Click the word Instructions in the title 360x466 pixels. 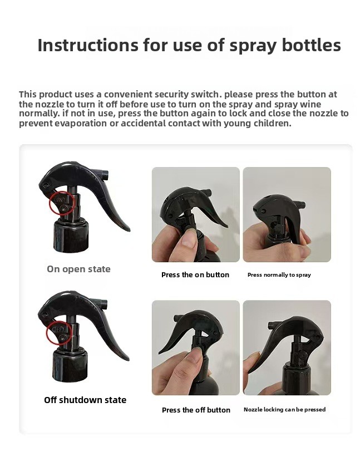[x=88, y=45]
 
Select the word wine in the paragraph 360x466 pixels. [x=310, y=104]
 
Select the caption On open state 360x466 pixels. [x=78, y=269]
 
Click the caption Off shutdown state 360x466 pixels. [x=85, y=400]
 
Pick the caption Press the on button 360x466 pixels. [x=195, y=275]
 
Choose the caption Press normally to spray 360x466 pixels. [x=279, y=275]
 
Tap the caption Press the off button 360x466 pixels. [x=196, y=410]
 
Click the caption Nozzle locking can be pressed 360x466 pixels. [x=284, y=410]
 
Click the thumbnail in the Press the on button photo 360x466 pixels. [x=188, y=239]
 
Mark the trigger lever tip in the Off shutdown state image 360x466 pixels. [x=127, y=359]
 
